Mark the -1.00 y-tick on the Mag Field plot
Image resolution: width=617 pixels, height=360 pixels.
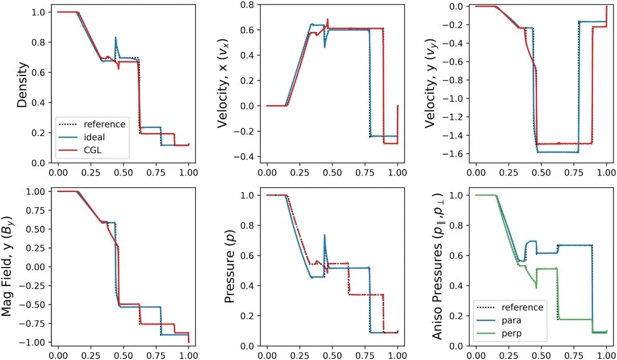coord(40,342)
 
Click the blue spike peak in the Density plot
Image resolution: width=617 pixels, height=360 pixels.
coord(115,38)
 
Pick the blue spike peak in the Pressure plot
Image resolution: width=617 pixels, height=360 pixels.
coord(324,235)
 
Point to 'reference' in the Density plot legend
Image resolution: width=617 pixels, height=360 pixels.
coord(104,124)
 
